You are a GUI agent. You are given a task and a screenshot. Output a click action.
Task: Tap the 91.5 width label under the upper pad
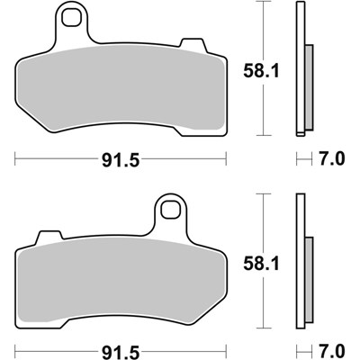pos(123,161)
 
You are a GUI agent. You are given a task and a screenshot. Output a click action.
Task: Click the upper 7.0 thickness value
pos(331,161)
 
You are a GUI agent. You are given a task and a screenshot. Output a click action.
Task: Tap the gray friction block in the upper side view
pos(308,88)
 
